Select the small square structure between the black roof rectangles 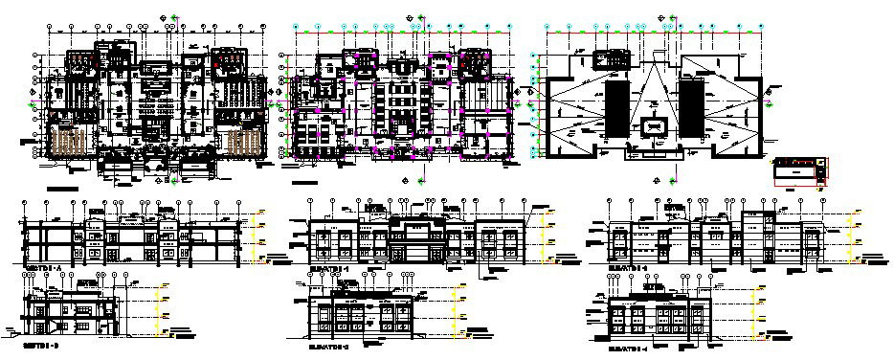[x=654, y=125]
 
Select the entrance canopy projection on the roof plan [x=654, y=148]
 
